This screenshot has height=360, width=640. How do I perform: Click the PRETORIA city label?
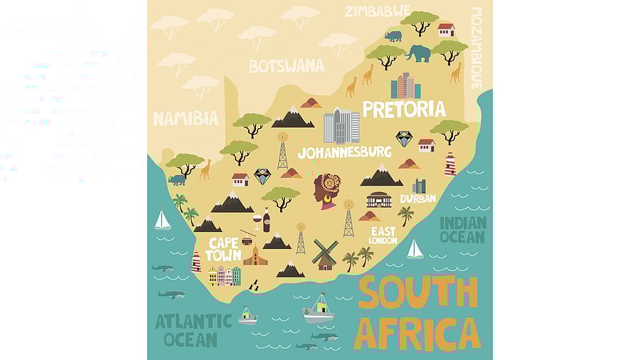(404, 109)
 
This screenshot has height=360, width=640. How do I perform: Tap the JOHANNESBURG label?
(344, 152)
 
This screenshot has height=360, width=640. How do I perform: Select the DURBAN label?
(417, 198)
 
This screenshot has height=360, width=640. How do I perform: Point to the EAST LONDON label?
(383, 235)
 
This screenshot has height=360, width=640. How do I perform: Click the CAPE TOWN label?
(223, 249)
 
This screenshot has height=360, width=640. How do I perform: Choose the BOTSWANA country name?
(286, 66)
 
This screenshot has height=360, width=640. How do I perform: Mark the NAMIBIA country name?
(186, 119)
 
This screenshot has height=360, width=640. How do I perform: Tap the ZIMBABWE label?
(377, 11)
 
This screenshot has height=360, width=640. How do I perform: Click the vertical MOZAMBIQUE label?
(476, 48)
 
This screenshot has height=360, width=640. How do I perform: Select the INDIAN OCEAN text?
(463, 230)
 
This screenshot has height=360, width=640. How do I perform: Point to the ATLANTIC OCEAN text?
(193, 329)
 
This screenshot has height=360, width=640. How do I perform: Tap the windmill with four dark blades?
(326, 253)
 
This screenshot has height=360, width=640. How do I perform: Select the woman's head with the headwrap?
(327, 190)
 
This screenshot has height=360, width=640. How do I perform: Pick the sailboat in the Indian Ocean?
(415, 249)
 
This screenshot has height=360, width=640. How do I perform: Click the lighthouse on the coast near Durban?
(450, 164)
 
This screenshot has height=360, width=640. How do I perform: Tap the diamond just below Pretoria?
(404, 139)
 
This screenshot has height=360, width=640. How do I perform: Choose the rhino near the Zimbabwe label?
(393, 36)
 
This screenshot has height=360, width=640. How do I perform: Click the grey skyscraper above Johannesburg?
(341, 126)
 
